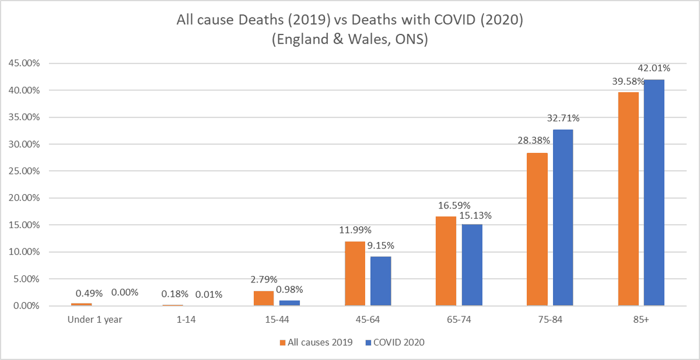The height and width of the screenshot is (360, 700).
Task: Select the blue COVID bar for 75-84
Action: point(563,217)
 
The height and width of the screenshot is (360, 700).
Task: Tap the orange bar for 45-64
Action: point(355,273)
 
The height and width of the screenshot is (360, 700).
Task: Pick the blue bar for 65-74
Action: point(472,264)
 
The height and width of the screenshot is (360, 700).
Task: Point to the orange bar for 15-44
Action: point(264,298)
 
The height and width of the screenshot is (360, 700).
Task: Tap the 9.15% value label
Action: point(381,245)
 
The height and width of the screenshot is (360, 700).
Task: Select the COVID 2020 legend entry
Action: point(396,342)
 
